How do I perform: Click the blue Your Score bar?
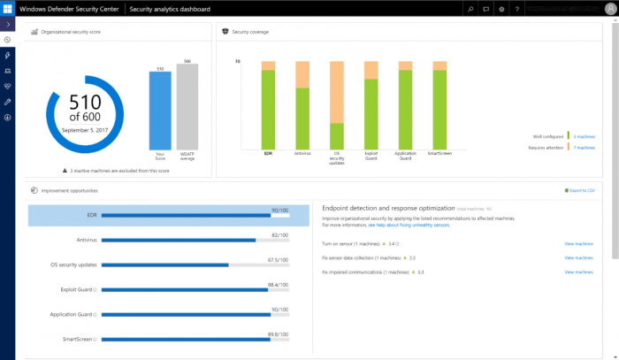(160, 113)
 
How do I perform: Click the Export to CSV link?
(581, 190)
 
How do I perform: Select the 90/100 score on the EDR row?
(280, 210)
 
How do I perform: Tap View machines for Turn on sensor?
(578, 242)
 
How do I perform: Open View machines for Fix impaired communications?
(578, 272)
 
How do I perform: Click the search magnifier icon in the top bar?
(472, 8)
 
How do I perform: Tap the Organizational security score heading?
(69, 32)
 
